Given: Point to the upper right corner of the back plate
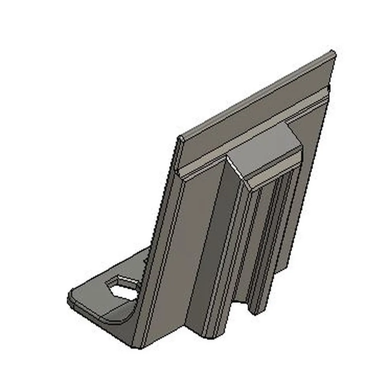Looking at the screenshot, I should click(x=333, y=53).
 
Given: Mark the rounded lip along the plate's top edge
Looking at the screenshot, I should click(x=256, y=95).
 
